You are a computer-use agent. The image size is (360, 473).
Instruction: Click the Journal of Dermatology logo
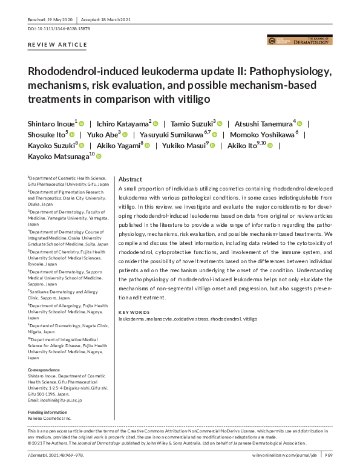pyautogui.click(x=299, y=41)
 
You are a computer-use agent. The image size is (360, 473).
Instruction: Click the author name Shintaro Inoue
pyautogui.click(x=50, y=123)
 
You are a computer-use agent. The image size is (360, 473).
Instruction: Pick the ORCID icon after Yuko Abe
pyautogui.click(x=126, y=134)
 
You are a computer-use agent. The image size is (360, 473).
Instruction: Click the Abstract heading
pyautogui.click(x=130, y=180)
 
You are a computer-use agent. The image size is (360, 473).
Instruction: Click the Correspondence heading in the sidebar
pyautogui.click(x=44, y=370)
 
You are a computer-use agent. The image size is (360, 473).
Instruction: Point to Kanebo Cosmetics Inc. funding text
pyautogui.click(x=50, y=419)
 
